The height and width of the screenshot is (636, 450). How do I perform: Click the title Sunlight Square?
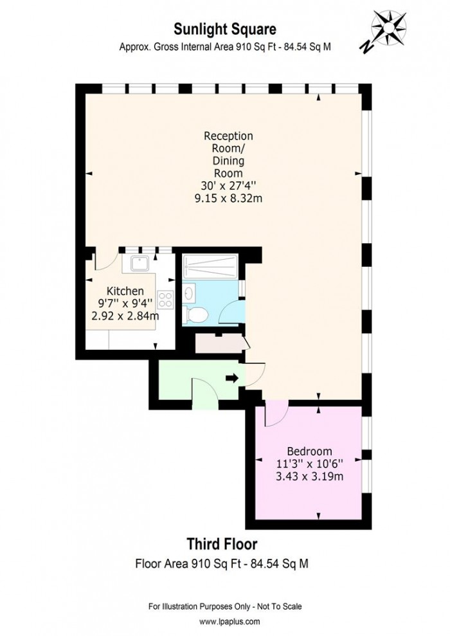click(224, 28)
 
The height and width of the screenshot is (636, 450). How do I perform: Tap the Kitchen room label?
click(125, 291)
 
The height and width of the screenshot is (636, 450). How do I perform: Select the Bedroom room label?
click(309, 451)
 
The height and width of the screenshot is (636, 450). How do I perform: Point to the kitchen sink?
click(139, 262)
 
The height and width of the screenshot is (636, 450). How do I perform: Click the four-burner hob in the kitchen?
click(166, 300)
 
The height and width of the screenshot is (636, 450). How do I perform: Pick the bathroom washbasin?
click(190, 293)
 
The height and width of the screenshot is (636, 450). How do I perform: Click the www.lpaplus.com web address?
click(225, 622)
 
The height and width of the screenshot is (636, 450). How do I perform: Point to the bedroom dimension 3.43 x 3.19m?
click(309, 477)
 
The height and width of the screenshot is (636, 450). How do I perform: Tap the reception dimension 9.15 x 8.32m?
click(228, 198)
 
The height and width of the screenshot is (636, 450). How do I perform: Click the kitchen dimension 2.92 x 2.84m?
click(125, 316)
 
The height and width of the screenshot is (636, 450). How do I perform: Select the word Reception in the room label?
click(228, 136)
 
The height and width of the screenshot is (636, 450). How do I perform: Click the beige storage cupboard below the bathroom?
click(219, 344)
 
